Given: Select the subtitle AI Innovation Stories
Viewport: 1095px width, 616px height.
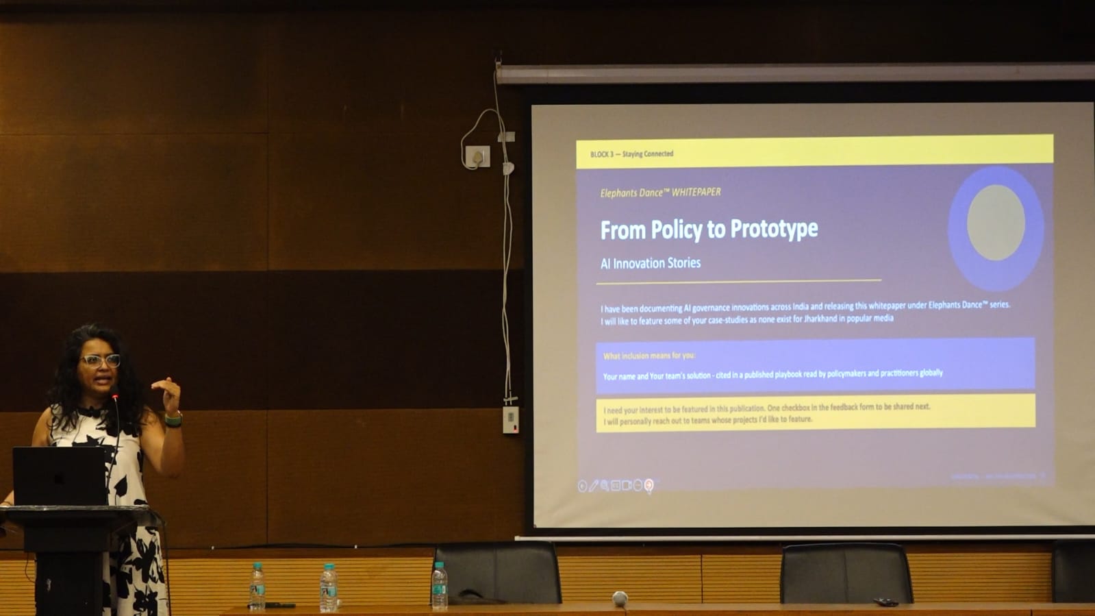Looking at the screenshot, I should click(650, 263).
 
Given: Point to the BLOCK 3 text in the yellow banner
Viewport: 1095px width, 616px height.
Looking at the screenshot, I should click(601, 154).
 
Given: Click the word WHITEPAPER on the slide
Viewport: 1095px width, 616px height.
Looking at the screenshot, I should click(696, 192).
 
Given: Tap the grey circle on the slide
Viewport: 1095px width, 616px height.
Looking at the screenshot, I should click(995, 223).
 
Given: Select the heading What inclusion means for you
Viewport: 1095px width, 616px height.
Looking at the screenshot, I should click(649, 356).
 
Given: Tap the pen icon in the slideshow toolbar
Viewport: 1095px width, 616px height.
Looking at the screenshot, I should click(593, 486).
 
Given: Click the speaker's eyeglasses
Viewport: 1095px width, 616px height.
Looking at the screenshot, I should click(100, 360).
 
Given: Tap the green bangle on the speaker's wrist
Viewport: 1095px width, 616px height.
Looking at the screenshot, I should click(174, 419).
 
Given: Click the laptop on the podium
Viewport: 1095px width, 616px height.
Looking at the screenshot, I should click(60, 476).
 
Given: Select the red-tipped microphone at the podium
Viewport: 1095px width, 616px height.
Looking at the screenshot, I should click(114, 397).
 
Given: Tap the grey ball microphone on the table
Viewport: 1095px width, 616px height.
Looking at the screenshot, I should click(620, 597).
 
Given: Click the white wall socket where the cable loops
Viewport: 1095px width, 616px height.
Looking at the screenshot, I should click(477, 157).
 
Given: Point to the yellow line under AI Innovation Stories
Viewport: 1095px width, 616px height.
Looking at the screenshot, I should click(738, 281).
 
